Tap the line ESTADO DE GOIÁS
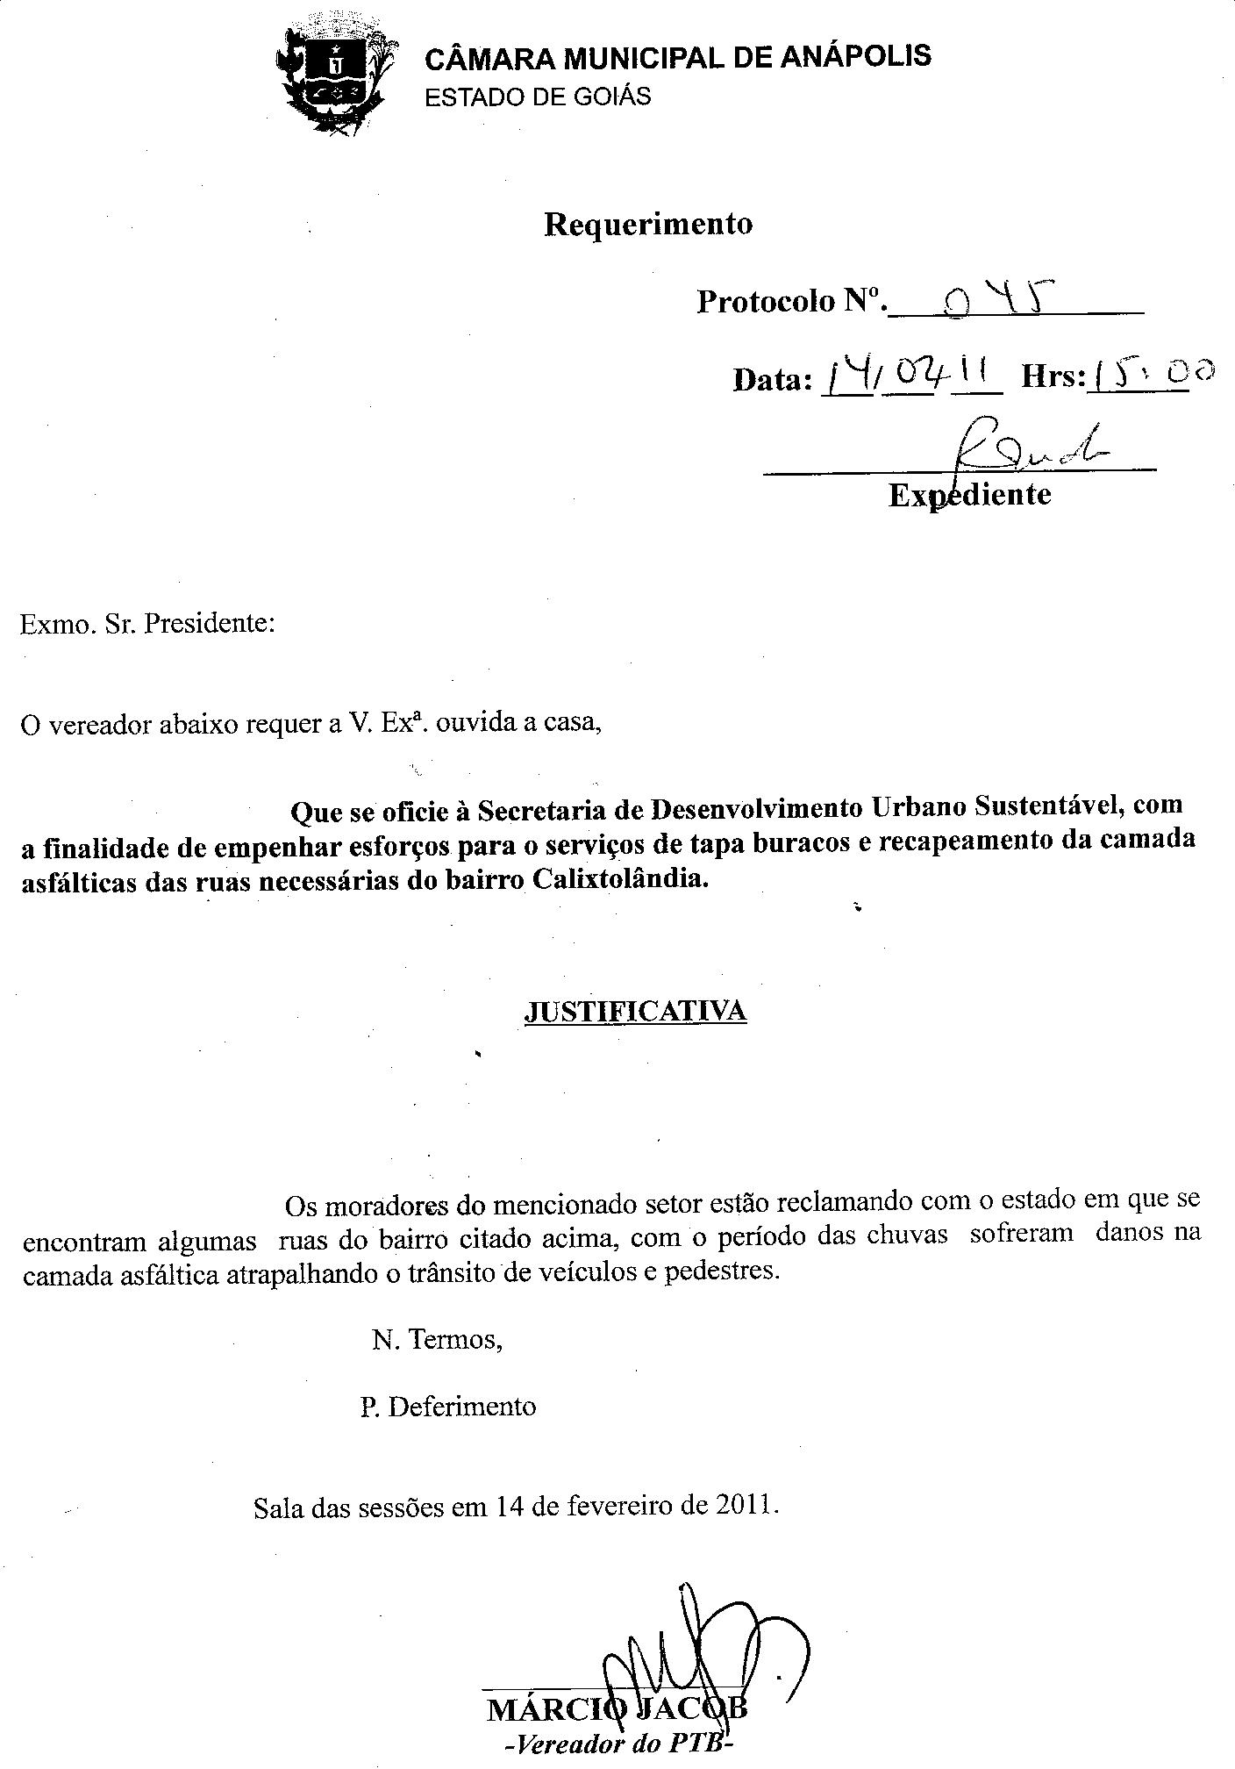point(538,97)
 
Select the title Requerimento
point(648,224)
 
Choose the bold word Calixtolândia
point(618,878)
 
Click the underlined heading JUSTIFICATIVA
point(635,1011)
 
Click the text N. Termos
point(437,1341)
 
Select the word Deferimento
point(461,1407)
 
